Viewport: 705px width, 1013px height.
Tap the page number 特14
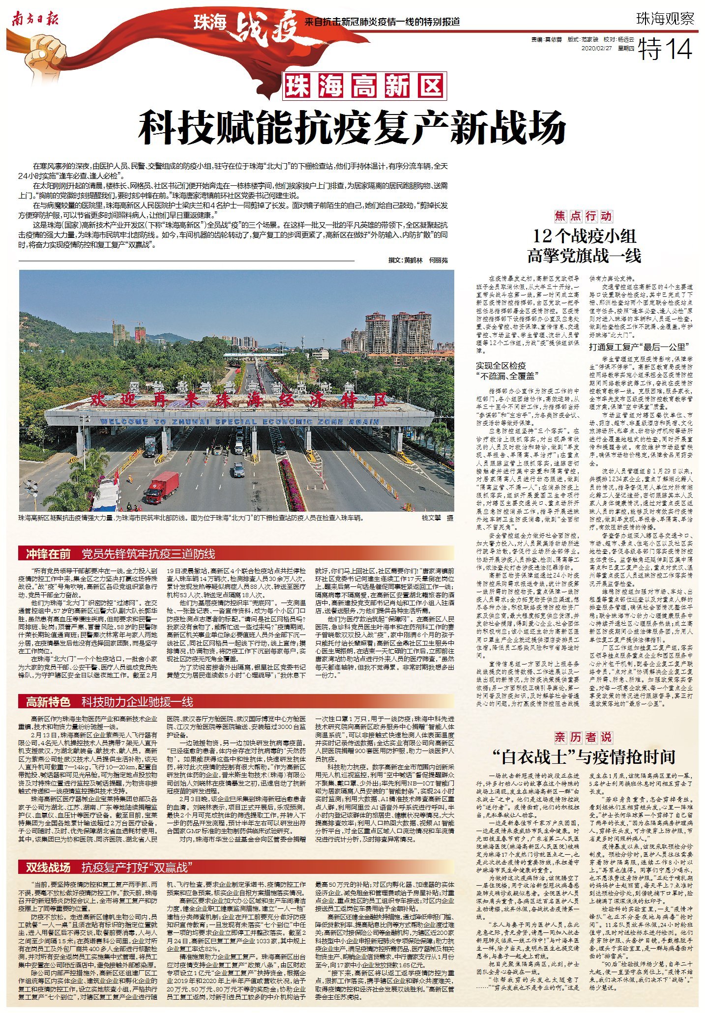(665, 49)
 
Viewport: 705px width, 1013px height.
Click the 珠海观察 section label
(665, 19)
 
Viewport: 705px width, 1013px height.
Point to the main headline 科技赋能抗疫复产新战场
(352, 127)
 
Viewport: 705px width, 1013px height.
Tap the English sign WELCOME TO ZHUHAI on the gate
(239, 422)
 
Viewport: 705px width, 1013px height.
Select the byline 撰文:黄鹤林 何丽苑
(418, 260)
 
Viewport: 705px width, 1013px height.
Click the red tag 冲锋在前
(48, 554)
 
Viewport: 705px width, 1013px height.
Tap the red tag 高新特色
(48, 701)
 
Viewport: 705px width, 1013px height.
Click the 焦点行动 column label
(583, 216)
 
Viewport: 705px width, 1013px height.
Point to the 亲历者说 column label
(583, 737)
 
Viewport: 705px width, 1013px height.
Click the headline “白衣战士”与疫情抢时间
(584, 757)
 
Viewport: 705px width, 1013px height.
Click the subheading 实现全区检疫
(501, 366)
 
